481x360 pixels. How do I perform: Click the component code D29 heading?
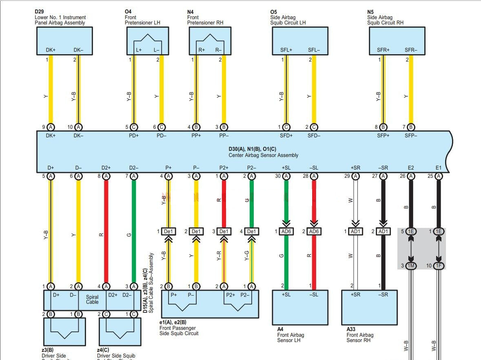pos(39,12)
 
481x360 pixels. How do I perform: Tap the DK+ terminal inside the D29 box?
pos(51,50)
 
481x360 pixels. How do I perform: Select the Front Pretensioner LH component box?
pos(148,41)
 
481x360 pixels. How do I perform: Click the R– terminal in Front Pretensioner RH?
pos(219,50)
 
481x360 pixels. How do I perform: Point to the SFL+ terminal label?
pos(286,50)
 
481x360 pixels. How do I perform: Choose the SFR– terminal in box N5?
pos(411,50)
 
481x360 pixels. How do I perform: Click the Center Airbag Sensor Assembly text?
pos(263,155)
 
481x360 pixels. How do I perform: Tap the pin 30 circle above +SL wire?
pos(286,176)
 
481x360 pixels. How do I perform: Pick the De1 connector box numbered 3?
pos(224,232)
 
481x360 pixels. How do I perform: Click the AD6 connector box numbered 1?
pos(286,232)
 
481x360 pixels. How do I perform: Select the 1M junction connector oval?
pos(411,266)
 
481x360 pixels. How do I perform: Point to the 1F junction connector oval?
pos(439,266)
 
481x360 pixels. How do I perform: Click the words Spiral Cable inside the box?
pos(92,300)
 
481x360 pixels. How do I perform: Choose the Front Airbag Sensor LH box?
pos(300,307)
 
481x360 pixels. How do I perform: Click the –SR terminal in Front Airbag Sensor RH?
pos(383,295)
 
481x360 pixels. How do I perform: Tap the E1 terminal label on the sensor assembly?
pos(439,168)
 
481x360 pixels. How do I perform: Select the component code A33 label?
pos(351,329)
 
